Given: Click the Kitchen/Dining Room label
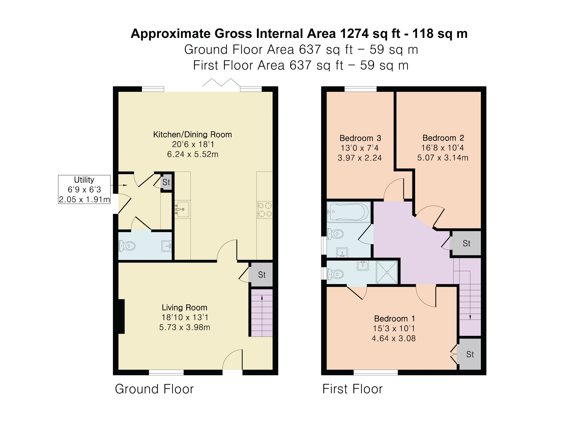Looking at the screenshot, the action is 192,134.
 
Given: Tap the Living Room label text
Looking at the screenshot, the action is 185,308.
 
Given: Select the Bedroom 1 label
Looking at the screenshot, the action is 394,319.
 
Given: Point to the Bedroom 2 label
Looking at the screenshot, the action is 443,138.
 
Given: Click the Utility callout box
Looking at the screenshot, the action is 84,189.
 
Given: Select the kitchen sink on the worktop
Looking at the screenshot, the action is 182,209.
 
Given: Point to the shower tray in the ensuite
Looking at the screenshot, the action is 387,272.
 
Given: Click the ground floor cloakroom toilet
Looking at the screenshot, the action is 127,246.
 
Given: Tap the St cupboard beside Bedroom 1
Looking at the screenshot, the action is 470,354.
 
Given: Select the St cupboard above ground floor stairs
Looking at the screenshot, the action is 261,275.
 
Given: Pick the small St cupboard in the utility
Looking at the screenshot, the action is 166,182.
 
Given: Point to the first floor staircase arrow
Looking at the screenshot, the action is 470,295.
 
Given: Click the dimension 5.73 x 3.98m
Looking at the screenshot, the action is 185,327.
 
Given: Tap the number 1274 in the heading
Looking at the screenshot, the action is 354,34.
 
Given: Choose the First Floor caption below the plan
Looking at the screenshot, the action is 353,389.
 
